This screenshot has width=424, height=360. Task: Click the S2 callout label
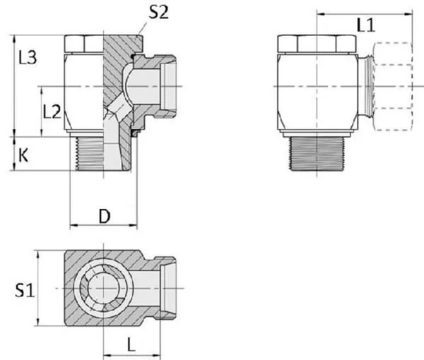coord(159,12)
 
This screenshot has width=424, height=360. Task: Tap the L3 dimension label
coord(28,57)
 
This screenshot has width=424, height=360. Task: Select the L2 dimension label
coord(52,112)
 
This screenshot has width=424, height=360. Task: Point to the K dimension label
coord(23,156)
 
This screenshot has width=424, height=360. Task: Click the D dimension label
coord(105,216)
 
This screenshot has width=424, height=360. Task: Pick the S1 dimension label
coord(25,290)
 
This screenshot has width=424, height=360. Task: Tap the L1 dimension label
coord(366,25)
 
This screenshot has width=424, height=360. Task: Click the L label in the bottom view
coord(131,345)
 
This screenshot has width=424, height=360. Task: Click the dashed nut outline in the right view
coord(393,86)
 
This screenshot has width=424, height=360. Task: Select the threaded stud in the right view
coord(317,153)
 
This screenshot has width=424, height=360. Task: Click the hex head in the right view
coord(317,44)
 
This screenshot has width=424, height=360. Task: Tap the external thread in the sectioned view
coord(89,154)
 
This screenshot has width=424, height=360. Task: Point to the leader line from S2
coord(142,28)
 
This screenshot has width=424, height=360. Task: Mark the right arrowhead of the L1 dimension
coord(409,14)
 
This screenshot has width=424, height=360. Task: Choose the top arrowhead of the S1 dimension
coord(38,254)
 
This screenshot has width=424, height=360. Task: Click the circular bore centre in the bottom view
coord(104,288)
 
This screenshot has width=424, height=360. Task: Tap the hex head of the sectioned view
coord(84,44)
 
